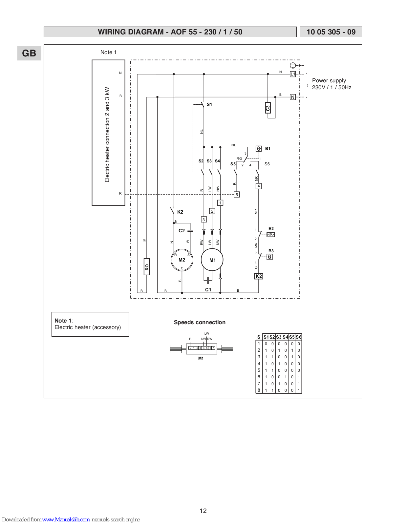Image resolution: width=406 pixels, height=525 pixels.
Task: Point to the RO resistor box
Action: coord(147,267)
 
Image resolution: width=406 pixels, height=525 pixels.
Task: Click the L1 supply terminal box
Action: coord(293,74)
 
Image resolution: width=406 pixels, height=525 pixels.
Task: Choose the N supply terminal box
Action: coord(293,97)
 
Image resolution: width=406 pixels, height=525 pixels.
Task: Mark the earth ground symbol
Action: coord(293,65)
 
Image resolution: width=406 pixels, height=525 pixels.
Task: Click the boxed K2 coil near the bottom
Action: coord(259,276)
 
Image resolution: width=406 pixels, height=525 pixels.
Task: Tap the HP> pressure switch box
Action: coord(270,235)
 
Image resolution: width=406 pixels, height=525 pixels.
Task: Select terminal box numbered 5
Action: coord(237,195)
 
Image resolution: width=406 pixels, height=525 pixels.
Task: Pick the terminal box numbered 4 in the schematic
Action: coord(259,186)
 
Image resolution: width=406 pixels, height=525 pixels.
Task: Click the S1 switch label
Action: coord(209,104)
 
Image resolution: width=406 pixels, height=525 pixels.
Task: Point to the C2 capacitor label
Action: coord(182,231)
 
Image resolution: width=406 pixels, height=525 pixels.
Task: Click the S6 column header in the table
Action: coord(299,337)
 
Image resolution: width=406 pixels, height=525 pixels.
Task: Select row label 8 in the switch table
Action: coord(259,390)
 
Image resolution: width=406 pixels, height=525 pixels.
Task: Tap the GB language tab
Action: coord(29,53)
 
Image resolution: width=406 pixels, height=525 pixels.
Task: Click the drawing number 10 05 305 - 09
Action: coord(331,32)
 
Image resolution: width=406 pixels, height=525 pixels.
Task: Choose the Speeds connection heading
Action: coord(200,322)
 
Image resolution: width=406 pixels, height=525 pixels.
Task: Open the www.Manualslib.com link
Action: coord(66,519)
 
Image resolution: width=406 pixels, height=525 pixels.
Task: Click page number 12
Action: coord(203,511)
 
